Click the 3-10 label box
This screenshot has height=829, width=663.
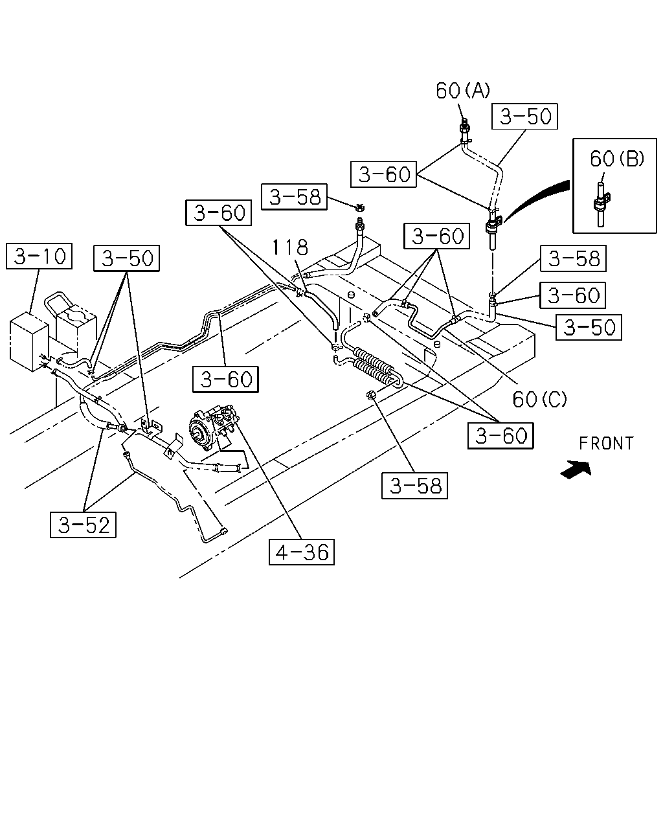(39, 256)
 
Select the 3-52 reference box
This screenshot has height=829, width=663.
(83, 525)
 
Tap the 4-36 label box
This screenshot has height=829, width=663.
(301, 552)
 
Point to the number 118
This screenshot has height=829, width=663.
(290, 247)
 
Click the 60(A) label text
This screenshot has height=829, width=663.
(463, 91)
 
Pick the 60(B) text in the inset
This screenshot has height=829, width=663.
(617, 158)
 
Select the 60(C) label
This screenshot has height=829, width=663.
(540, 399)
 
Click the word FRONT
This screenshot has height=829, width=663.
(607, 444)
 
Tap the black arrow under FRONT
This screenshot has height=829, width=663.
(576, 470)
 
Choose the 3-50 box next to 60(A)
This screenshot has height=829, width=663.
(524, 117)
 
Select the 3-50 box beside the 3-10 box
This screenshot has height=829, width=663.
(126, 258)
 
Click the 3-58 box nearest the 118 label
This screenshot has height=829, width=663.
(295, 197)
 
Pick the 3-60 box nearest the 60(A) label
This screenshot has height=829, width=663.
(383, 174)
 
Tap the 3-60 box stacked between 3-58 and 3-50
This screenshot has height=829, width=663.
(572, 295)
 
